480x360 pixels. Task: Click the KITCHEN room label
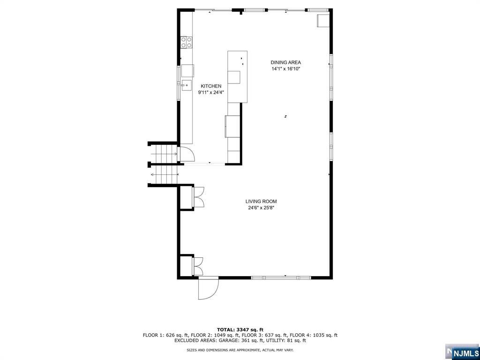click(x=211, y=86)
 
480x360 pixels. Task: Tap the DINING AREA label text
click(x=285, y=62)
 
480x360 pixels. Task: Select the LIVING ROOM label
click(x=261, y=202)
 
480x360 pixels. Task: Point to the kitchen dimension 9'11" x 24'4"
click(x=211, y=92)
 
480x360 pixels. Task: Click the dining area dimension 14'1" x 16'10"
click(x=285, y=69)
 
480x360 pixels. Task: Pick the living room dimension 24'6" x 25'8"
click(x=261, y=208)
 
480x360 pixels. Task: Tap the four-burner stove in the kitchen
click(x=187, y=42)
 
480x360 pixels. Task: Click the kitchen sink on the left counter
click(x=187, y=85)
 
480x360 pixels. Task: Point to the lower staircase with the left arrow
click(x=165, y=175)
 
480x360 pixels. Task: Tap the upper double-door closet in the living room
click(x=198, y=197)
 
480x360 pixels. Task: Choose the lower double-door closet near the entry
click(x=197, y=266)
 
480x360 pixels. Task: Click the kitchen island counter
click(x=237, y=76)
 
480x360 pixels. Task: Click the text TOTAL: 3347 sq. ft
click(x=240, y=330)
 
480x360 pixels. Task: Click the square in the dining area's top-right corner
click(x=323, y=21)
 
